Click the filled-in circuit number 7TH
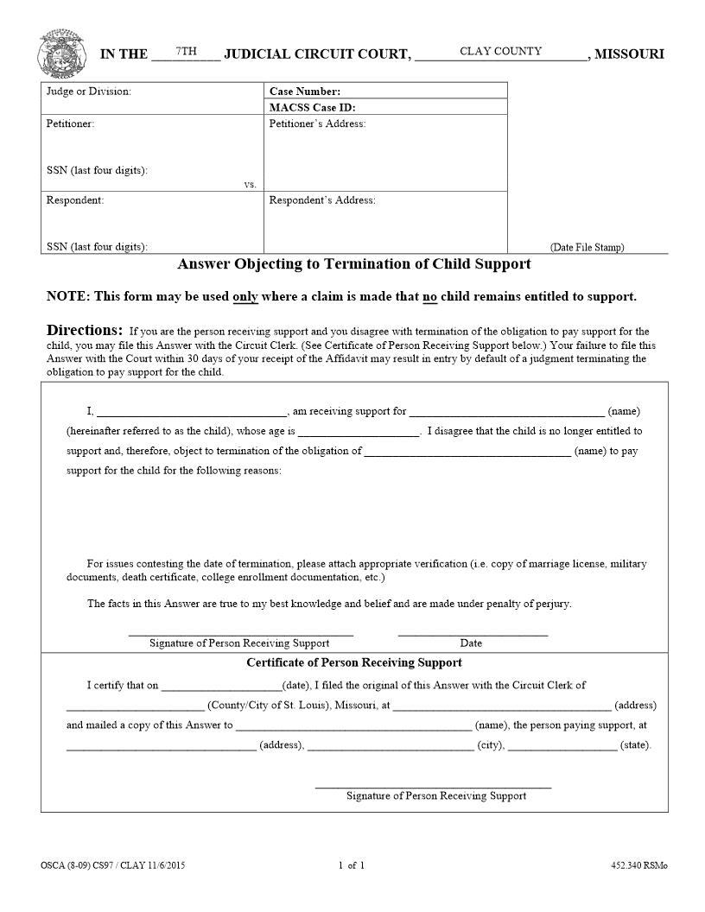(186, 52)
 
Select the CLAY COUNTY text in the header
(500, 52)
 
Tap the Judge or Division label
(89, 92)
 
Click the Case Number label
(305, 92)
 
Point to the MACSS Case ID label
(312, 108)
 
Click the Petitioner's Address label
(317, 124)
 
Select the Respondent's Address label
(322, 200)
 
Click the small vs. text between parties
(250, 185)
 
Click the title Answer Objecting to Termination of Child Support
(353, 264)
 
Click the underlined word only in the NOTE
(245, 297)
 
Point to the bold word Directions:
(85, 331)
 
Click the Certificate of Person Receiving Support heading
(353, 663)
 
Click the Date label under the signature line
(471, 643)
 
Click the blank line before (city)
(390, 746)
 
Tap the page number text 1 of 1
(352, 865)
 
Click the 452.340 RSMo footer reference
(638, 865)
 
